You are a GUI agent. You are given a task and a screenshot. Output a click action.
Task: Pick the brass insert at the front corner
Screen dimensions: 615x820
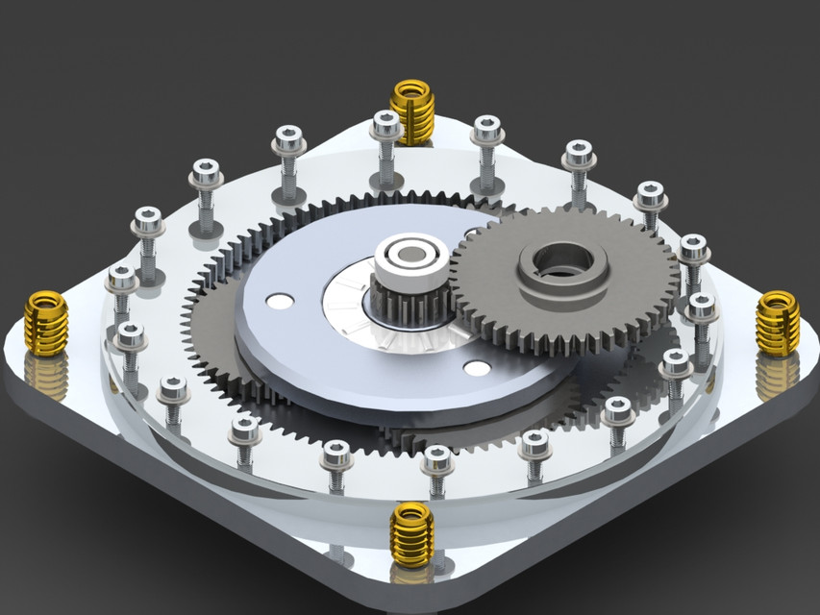(x=412, y=534)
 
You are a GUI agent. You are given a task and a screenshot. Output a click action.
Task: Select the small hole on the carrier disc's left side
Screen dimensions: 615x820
(x=280, y=301)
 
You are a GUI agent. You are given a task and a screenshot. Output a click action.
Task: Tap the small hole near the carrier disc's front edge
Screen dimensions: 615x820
(x=475, y=368)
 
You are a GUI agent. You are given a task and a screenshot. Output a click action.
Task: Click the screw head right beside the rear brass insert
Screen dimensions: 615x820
(x=385, y=124)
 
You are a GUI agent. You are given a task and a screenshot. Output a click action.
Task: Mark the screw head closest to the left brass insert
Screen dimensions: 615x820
(x=122, y=279)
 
